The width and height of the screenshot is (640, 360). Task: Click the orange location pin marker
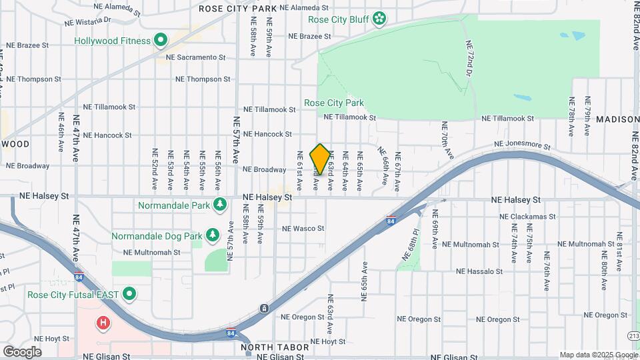(x=320, y=159)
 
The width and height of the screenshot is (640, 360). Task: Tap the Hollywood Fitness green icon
(x=161, y=41)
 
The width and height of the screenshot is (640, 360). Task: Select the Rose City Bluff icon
(x=380, y=18)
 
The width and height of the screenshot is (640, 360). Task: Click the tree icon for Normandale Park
(x=219, y=205)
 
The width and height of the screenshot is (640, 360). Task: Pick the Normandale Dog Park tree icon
(x=212, y=235)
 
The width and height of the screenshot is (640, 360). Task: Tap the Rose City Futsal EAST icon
(x=130, y=294)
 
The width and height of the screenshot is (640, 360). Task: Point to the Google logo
(x=23, y=351)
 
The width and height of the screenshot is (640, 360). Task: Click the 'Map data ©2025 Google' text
(x=598, y=355)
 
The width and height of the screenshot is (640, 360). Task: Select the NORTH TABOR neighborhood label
(x=275, y=347)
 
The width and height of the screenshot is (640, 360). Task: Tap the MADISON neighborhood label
(x=618, y=119)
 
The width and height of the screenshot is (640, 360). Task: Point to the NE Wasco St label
(x=303, y=229)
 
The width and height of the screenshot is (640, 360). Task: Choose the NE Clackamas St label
(x=527, y=217)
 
